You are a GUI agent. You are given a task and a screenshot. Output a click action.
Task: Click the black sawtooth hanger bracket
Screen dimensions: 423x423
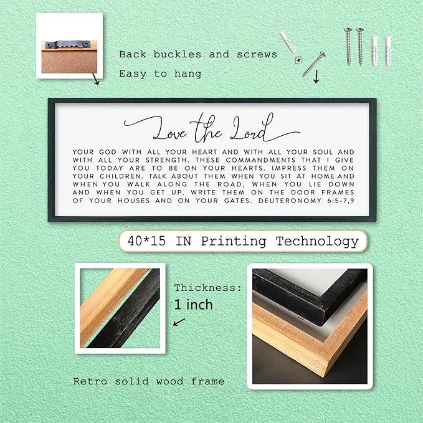(68, 45)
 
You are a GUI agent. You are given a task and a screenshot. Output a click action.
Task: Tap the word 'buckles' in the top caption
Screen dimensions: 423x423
(178, 54)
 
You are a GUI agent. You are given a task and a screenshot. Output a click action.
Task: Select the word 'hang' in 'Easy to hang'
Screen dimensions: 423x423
(188, 74)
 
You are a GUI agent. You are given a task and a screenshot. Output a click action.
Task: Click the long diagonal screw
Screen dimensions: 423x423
(314, 64)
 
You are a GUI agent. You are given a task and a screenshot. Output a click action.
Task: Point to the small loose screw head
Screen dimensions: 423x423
(298, 60)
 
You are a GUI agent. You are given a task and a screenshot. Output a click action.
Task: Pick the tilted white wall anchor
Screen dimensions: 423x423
(287, 42)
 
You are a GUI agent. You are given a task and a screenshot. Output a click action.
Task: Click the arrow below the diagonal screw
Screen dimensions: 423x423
(316, 77)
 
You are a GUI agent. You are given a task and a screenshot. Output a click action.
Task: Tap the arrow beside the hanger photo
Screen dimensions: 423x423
(95, 78)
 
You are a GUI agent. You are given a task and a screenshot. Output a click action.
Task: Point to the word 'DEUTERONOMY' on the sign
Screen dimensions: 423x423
(290, 201)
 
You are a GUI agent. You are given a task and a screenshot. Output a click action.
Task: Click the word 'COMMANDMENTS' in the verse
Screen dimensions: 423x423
(260, 160)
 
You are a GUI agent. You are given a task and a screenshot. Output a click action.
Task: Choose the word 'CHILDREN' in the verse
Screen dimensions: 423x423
(120, 176)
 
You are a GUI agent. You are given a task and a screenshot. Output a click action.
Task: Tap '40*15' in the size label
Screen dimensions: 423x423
(146, 241)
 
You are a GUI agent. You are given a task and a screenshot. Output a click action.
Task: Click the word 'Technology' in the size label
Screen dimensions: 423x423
(317, 242)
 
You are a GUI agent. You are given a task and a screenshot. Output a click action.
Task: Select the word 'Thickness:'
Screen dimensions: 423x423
(207, 288)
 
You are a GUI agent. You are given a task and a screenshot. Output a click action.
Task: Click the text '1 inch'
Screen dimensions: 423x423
(193, 305)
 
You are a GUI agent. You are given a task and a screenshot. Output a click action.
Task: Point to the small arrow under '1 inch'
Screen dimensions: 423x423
(179, 322)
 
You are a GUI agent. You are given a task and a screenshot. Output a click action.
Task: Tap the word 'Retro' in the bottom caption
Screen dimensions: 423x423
(90, 381)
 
